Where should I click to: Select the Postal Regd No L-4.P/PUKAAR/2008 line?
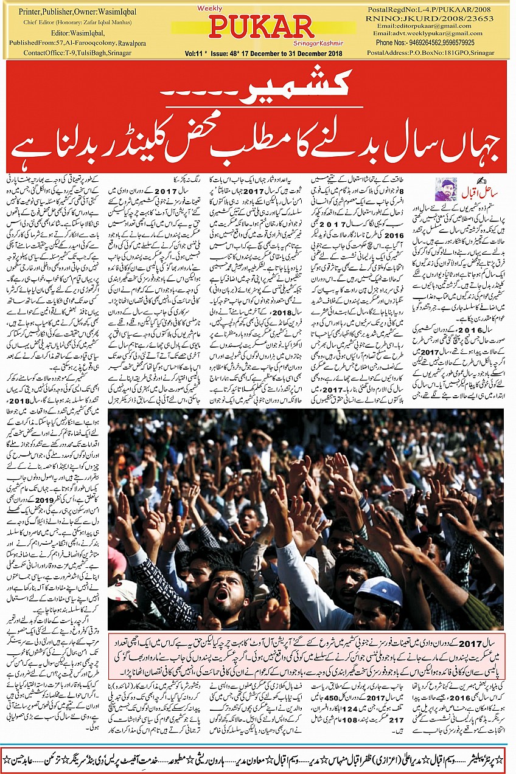(x=434, y=9)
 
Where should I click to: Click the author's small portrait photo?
(x=445, y=188)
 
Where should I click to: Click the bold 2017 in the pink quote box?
(x=473, y=642)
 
